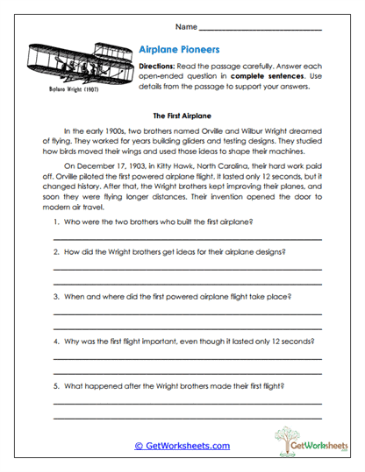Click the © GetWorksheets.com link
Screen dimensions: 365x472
pos(182,446)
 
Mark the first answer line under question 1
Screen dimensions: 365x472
pos(186,237)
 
